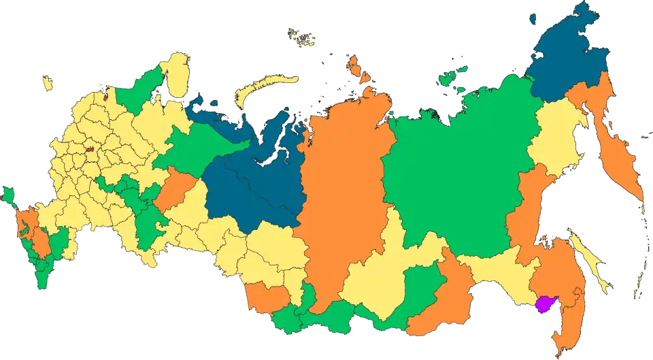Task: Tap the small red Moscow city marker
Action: point(89,147)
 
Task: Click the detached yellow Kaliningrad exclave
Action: point(48,84)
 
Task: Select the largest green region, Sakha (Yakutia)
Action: point(449,170)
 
